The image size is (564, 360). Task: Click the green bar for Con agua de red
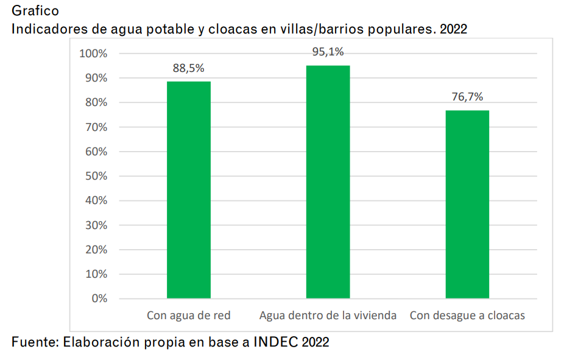[189, 189]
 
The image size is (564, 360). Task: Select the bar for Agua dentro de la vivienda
[328, 182]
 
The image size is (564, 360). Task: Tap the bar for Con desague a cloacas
[467, 204]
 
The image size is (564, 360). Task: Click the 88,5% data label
[188, 68]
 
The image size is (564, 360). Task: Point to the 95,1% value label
[328, 52]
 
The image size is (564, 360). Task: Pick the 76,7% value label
[467, 97]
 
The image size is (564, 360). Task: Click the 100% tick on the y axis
[93, 54]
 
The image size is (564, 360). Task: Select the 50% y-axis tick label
[96, 176]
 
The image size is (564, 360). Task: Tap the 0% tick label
[99, 298]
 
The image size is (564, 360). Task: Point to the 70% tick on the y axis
[96, 127]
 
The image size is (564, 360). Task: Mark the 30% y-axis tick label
[96, 225]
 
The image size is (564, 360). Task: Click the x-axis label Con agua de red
[188, 316]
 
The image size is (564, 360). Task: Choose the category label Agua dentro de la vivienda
[328, 316]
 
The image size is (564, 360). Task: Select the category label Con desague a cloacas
[467, 316]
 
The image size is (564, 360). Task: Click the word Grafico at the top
[35, 11]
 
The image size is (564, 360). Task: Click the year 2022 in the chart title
[454, 29]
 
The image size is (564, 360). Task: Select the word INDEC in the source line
[280, 342]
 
